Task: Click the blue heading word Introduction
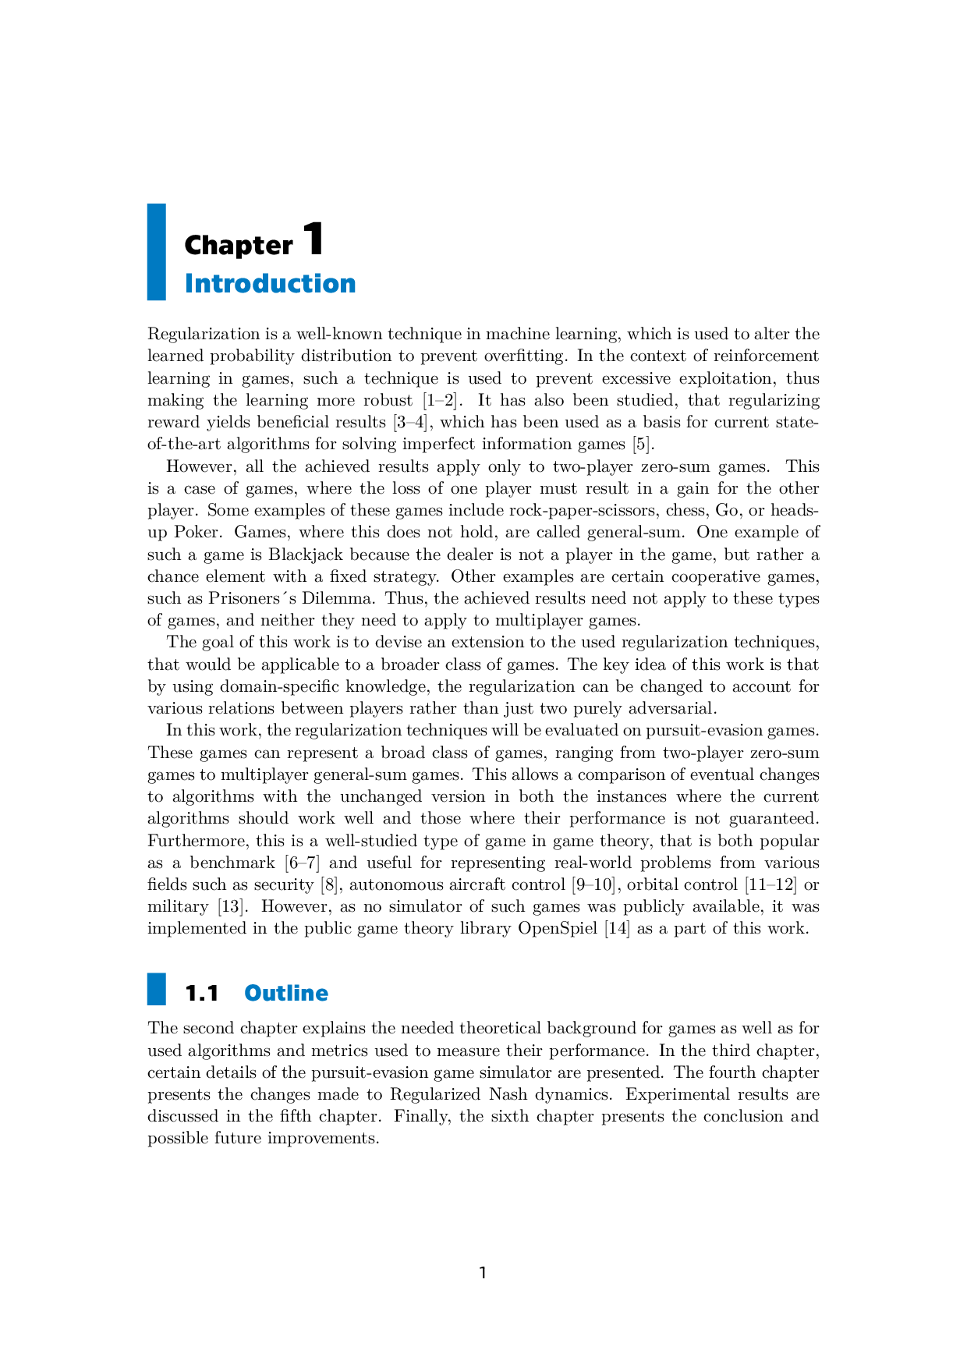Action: tap(270, 283)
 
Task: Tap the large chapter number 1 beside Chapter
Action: tap(312, 239)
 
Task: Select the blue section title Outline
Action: tap(286, 993)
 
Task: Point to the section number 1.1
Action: tap(201, 993)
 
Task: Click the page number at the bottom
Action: tap(483, 1273)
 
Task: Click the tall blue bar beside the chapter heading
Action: tap(157, 252)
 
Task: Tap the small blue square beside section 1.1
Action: tap(157, 989)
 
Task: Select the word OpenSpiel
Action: tap(557, 928)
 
